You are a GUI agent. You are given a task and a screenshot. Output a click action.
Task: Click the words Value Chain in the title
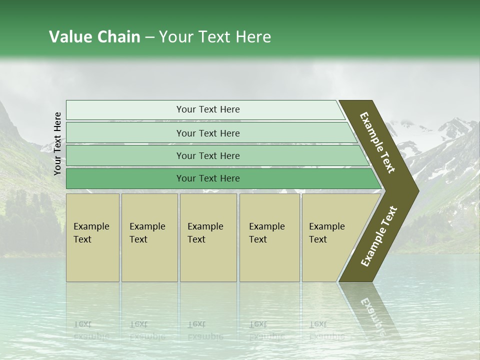tap(94, 37)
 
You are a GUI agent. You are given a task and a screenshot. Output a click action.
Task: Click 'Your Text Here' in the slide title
tap(215, 37)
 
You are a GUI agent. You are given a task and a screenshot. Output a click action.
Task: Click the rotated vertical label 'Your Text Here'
tap(57, 143)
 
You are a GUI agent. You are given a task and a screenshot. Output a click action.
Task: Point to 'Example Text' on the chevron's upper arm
tap(377, 142)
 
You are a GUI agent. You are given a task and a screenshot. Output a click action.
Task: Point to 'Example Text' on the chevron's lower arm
tap(379, 236)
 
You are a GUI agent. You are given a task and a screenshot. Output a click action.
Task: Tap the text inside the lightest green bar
tap(208, 109)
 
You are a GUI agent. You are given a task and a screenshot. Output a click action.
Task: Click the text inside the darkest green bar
tap(208, 178)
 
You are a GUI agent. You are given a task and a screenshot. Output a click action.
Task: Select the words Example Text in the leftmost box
tap(91, 233)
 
